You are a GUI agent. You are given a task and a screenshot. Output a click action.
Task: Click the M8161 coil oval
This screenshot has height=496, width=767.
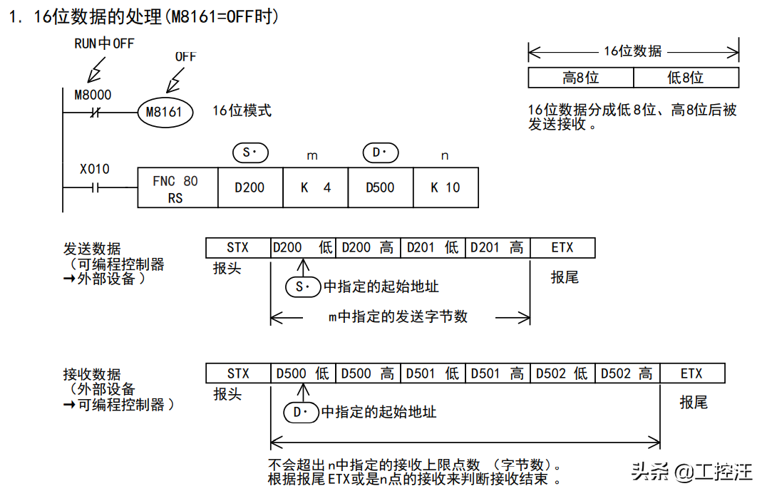coord(165,112)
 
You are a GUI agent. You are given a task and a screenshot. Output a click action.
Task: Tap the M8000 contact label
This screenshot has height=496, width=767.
coord(93,94)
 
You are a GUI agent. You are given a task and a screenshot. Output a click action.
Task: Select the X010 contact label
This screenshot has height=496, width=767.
coord(94,169)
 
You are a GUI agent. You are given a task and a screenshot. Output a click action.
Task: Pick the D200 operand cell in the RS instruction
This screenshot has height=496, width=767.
coord(249,188)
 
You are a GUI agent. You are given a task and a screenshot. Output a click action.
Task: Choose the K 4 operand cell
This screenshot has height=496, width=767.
coord(315,188)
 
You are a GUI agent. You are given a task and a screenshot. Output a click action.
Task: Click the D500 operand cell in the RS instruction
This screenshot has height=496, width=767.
coord(380,188)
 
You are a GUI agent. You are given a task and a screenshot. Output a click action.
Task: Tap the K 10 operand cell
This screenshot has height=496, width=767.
coord(446,188)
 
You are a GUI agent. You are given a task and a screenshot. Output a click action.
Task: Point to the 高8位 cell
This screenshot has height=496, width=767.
coord(580,78)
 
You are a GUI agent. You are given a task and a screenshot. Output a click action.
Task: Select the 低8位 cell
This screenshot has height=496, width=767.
coord(685,78)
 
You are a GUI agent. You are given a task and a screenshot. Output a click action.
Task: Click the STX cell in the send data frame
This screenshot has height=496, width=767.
coord(238,248)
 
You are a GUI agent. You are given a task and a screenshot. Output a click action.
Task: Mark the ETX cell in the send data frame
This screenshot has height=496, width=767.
coord(562,248)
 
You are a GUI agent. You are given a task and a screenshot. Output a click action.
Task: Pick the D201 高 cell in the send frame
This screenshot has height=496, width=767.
coord(498,248)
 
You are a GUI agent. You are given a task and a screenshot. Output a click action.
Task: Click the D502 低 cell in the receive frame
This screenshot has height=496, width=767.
coord(562,373)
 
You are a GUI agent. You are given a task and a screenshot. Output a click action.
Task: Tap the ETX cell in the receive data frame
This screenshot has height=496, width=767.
coord(691,373)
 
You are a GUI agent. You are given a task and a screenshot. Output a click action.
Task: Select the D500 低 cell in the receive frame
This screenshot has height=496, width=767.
coord(303,373)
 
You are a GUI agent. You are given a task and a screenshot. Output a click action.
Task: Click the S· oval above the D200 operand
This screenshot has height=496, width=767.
coord(250,153)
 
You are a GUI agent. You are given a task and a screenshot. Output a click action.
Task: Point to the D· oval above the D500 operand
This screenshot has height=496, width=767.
coord(380,153)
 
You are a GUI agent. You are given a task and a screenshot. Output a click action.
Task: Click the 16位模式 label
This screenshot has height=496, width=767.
coord(242,110)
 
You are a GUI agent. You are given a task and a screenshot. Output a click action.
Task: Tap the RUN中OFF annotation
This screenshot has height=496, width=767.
coord(104,43)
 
